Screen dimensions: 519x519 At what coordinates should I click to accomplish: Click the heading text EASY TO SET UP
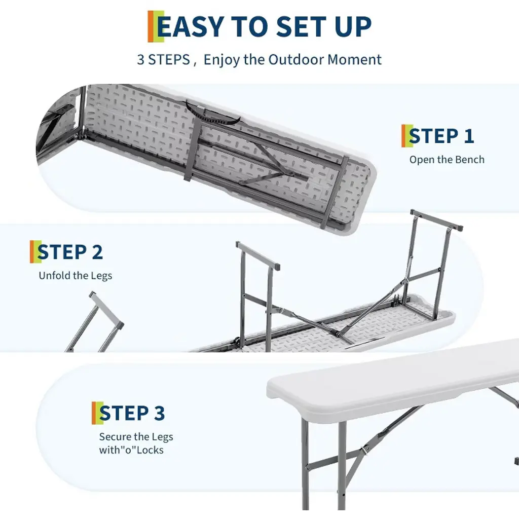tap(264, 26)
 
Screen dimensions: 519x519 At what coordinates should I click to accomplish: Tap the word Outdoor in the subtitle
tap(296, 60)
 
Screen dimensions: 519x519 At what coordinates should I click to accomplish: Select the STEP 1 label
tap(441, 136)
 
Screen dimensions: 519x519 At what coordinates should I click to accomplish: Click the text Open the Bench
tap(447, 160)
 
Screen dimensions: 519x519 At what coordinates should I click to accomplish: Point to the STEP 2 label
tap(70, 252)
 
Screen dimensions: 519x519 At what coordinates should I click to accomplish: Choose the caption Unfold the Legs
tap(76, 276)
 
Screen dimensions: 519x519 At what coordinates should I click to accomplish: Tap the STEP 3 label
tap(132, 413)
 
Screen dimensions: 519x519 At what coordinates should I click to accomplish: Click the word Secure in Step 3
tap(116, 436)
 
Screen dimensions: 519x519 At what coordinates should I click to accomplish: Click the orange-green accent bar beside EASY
tap(156, 26)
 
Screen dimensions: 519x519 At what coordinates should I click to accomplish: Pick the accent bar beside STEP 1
tap(407, 136)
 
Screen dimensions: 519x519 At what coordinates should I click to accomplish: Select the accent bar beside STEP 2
tap(35, 252)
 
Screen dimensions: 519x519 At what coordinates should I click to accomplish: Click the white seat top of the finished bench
tap(391, 381)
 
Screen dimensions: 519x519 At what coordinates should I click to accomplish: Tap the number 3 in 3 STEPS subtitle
tap(141, 60)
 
